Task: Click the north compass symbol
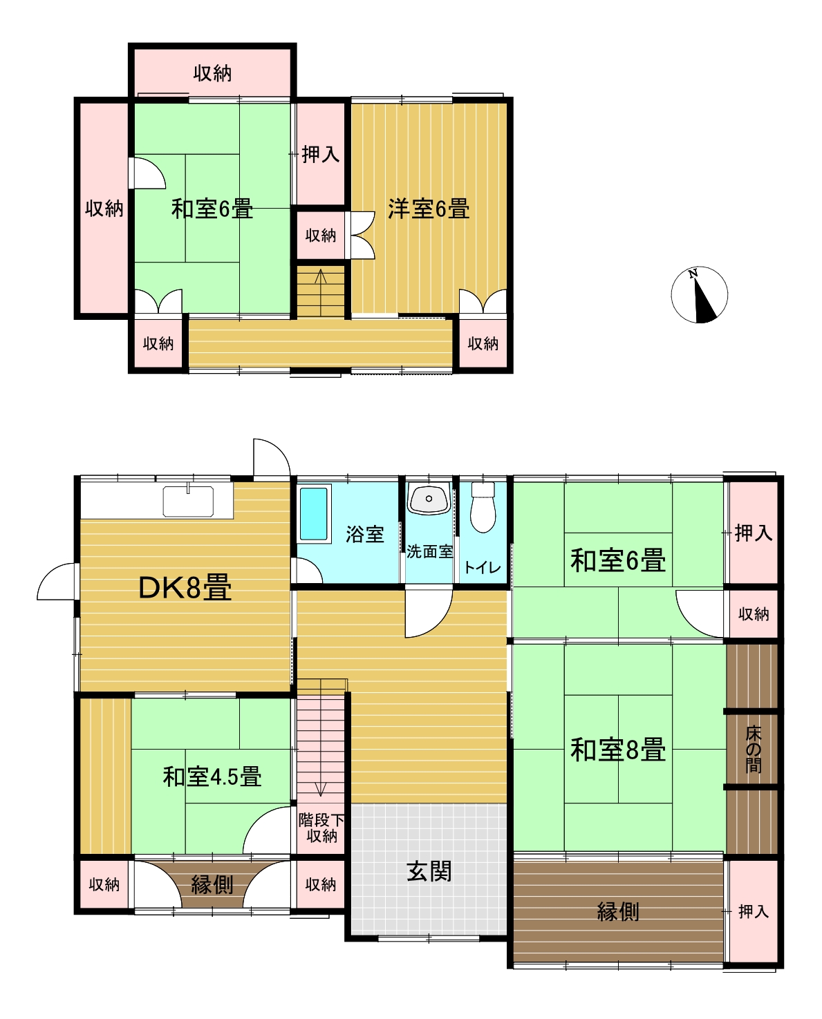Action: [x=700, y=294]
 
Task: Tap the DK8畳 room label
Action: [x=185, y=587]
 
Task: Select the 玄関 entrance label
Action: [x=429, y=870]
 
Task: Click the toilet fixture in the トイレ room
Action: [x=483, y=506]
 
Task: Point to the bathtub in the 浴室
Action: [x=314, y=514]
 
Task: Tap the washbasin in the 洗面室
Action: [x=429, y=499]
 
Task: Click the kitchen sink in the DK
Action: [x=188, y=501]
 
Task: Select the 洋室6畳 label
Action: [x=429, y=209]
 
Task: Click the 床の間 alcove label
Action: [x=753, y=750]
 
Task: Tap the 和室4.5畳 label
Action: [x=212, y=777]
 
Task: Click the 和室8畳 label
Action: [x=618, y=750]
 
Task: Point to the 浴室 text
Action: [x=364, y=534]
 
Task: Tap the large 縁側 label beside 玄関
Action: [x=618, y=911]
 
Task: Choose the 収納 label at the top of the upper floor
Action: [x=212, y=73]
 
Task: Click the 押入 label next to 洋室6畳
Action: [x=321, y=154]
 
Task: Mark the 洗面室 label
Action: [x=429, y=552]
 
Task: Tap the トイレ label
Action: [x=483, y=566]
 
